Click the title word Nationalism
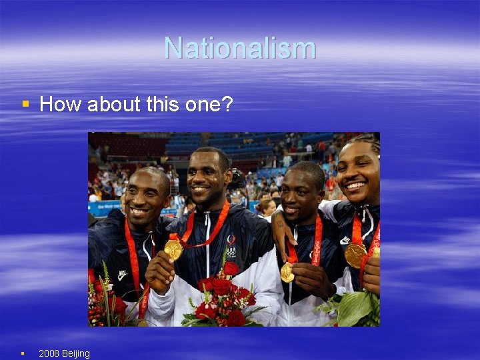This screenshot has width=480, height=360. click(240, 48)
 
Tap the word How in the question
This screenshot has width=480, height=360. click(61, 104)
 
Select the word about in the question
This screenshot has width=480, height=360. click(113, 104)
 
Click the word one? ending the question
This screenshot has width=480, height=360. click(210, 104)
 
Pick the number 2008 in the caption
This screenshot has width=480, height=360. click(49, 353)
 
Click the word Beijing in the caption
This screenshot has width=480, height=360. click(75, 353)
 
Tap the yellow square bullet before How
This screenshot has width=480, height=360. click(25, 104)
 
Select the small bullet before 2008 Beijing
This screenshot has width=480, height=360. click(22, 353)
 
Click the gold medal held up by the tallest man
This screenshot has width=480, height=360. click(173, 250)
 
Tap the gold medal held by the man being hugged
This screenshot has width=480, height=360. click(287, 272)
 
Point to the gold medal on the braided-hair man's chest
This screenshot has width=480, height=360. click(355, 255)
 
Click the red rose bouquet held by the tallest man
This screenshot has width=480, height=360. click(223, 300)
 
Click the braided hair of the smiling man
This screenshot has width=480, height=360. click(367, 142)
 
